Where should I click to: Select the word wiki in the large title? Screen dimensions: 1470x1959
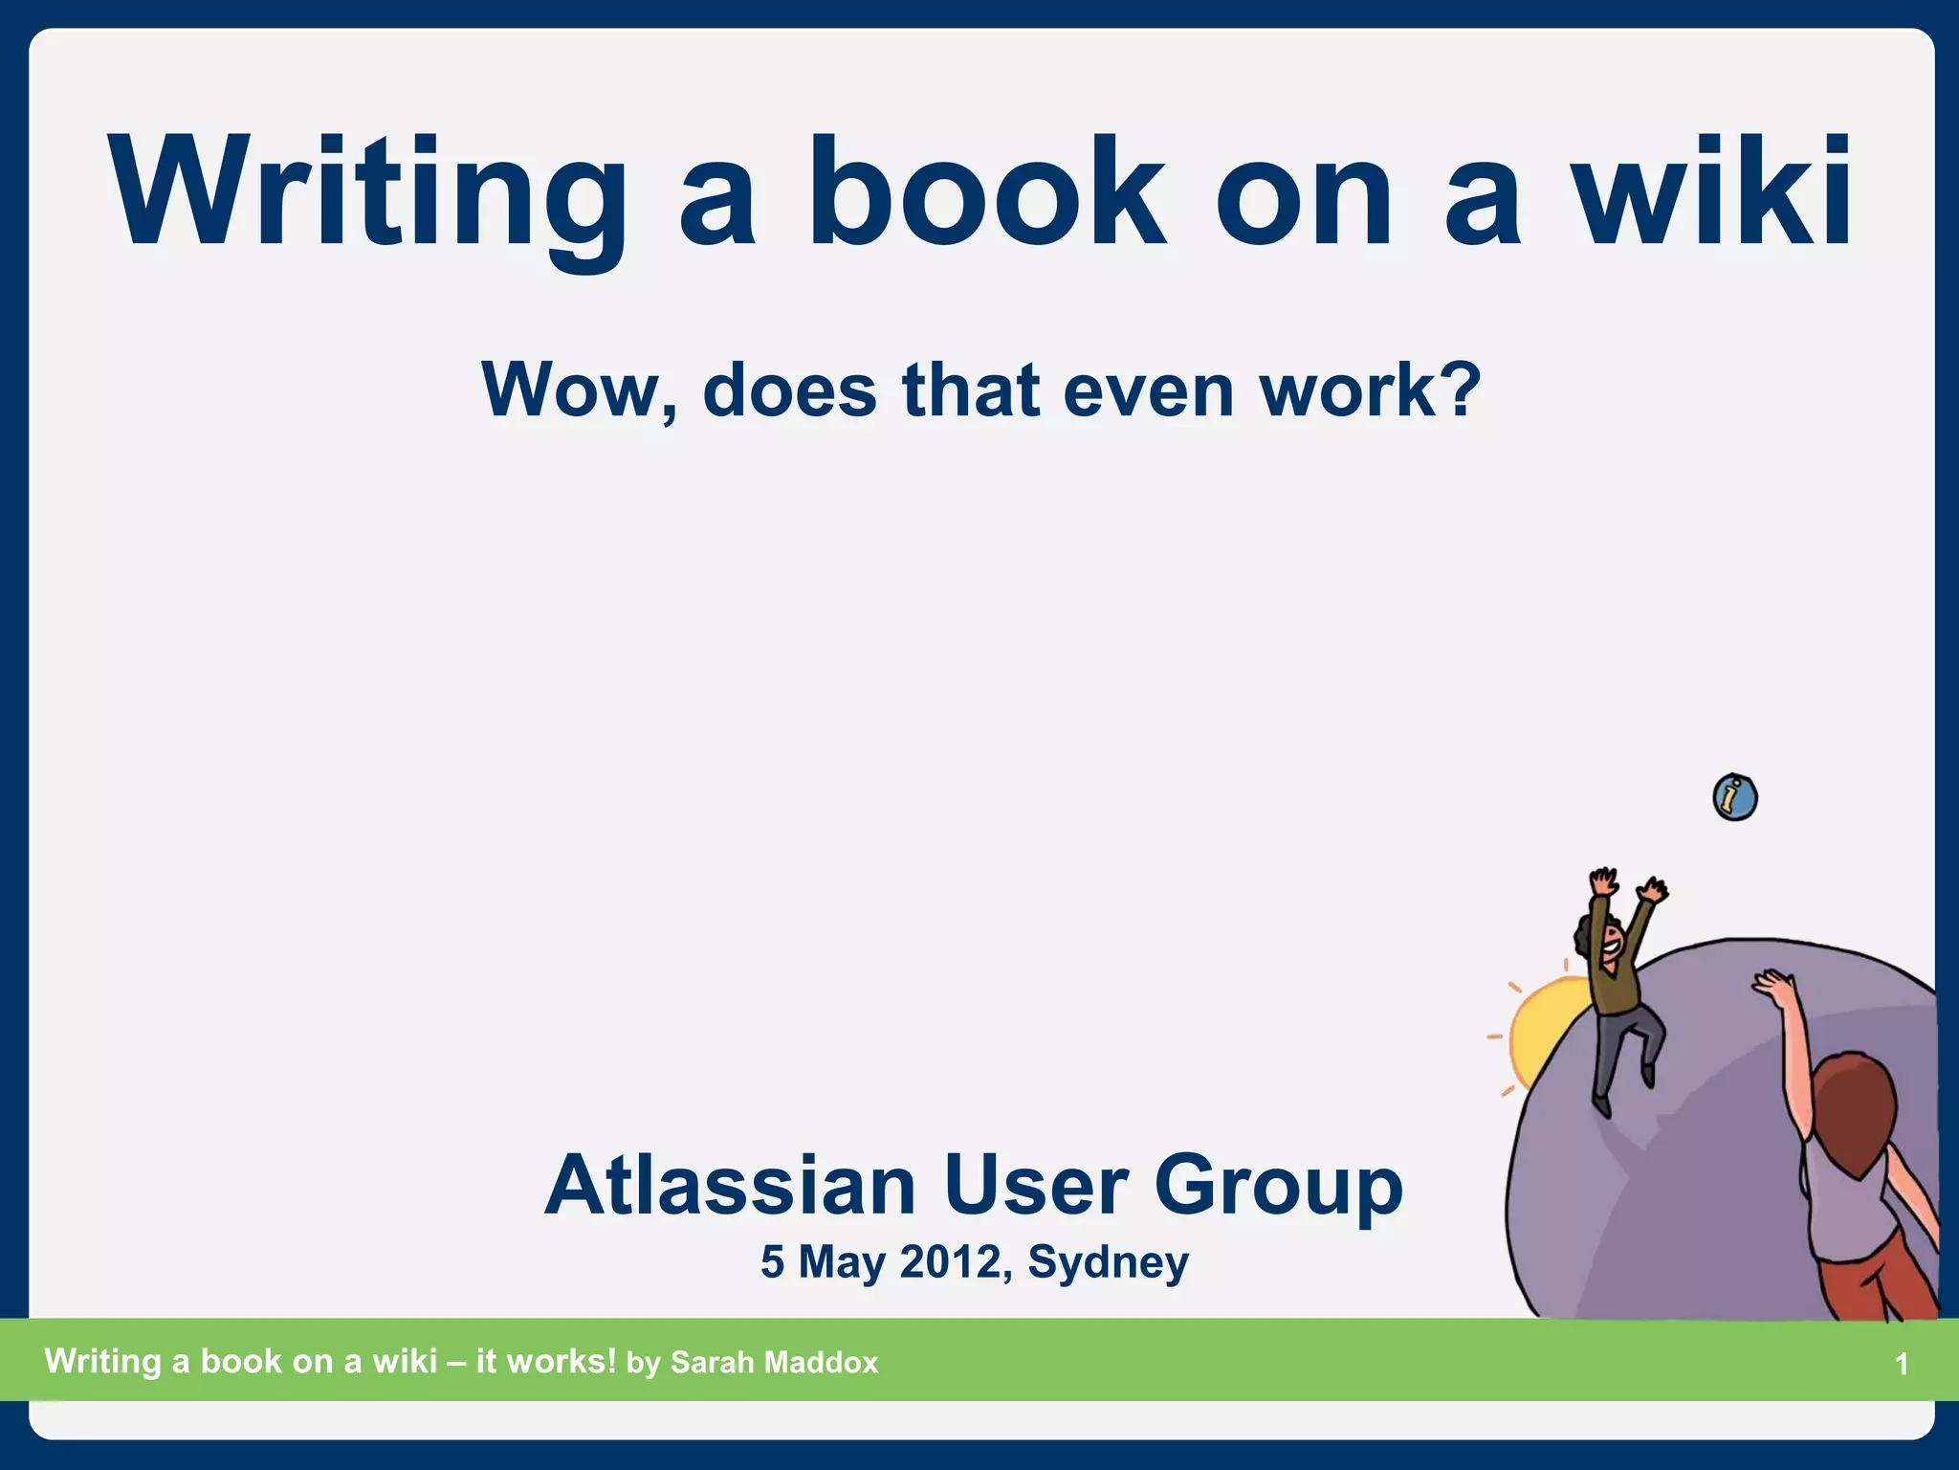1712,191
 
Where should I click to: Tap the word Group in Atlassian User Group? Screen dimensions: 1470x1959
1278,1187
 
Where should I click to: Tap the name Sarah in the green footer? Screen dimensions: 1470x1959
710,1362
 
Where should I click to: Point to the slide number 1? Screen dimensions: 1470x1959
1902,1364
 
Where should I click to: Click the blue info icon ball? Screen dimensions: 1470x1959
1735,797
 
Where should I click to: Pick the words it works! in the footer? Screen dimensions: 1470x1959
546,1361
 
